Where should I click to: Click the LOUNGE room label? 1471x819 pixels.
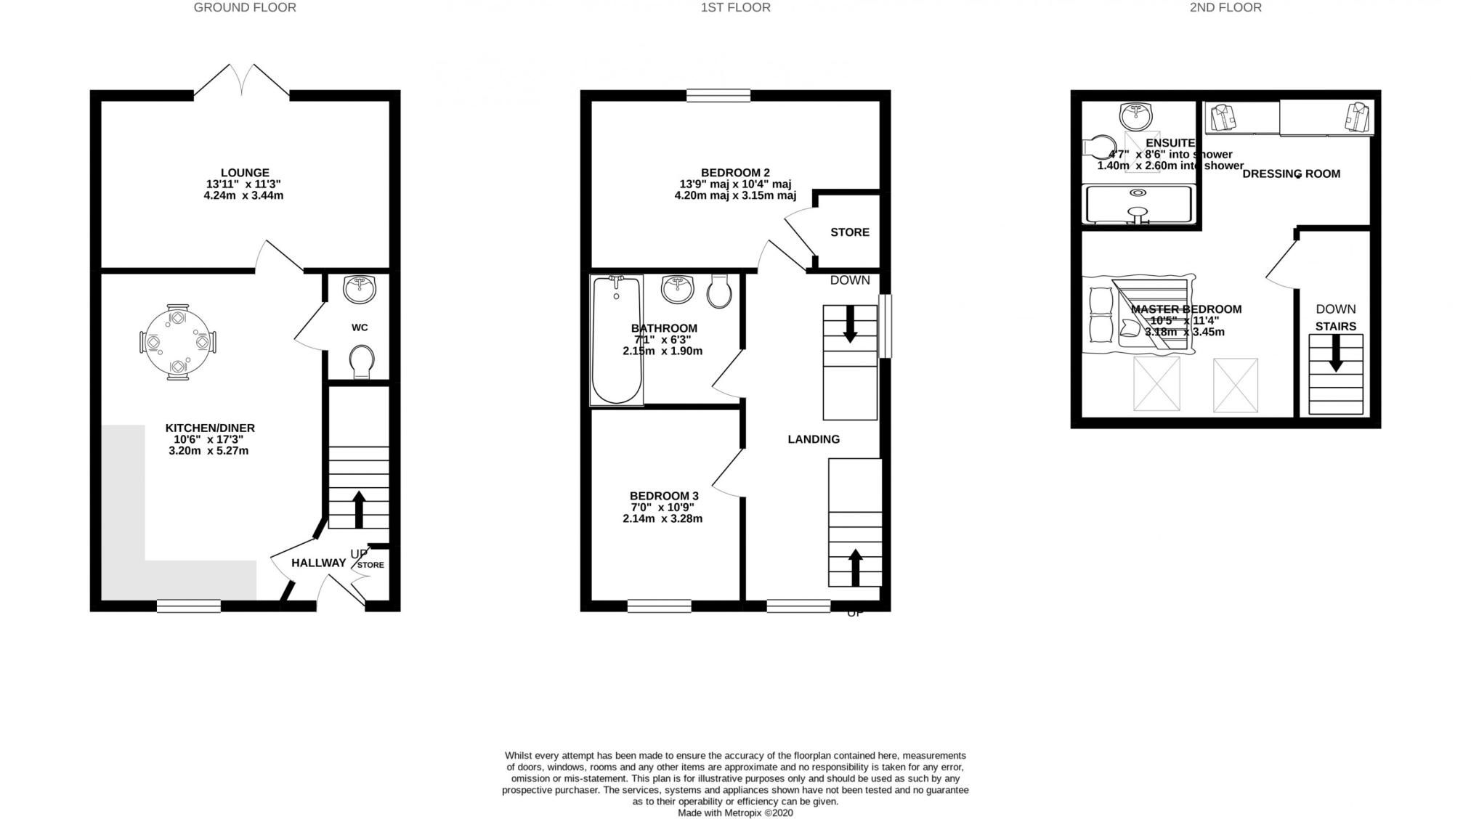click(245, 173)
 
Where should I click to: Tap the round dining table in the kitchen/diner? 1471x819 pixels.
click(177, 342)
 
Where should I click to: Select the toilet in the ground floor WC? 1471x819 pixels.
click(362, 361)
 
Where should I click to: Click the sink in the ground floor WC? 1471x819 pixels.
click(360, 289)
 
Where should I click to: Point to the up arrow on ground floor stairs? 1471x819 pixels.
click(359, 509)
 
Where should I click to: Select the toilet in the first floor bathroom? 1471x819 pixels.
click(718, 290)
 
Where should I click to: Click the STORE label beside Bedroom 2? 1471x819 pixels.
click(849, 232)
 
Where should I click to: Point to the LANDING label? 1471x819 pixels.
click(814, 439)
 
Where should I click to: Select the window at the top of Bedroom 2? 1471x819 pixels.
click(718, 95)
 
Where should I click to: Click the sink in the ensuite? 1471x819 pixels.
click(1136, 115)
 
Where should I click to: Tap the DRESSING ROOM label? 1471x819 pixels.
click(1291, 174)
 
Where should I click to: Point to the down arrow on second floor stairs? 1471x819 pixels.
click(1335, 354)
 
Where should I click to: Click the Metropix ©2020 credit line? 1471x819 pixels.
click(735, 812)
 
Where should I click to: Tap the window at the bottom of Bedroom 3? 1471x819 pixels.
click(659, 606)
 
